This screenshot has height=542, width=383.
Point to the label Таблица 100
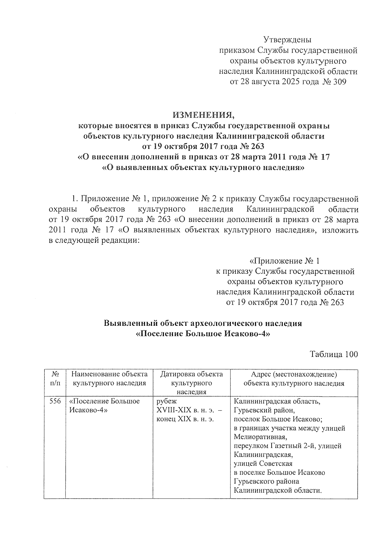point(334,354)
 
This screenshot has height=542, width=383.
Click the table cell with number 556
point(55,401)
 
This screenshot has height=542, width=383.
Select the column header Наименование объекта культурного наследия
point(109,378)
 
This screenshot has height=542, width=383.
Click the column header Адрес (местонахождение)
point(294,374)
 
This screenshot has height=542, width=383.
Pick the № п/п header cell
point(55,378)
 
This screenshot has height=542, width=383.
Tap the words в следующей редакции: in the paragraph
point(94,240)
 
